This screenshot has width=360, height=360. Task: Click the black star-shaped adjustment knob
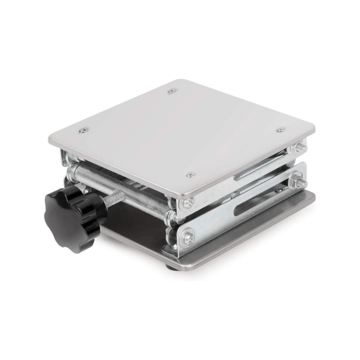72,211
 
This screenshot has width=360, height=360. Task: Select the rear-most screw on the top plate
172,91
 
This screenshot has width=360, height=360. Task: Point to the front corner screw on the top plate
190,175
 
